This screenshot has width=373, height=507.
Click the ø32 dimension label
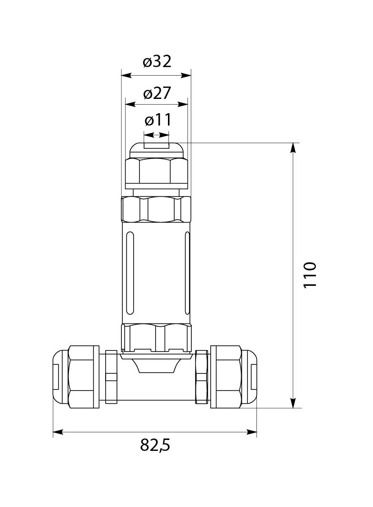[x=157, y=61]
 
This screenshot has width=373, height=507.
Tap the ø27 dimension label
[x=157, y=93]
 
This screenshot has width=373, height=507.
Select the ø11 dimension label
[x=158, y=121]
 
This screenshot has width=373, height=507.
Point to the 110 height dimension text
[x=310, y=275]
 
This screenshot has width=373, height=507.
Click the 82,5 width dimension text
[x=155, y=446]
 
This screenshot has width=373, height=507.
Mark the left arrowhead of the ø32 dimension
[x=126, y=75]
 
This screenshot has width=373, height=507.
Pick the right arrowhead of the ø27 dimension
[x=183, y=105]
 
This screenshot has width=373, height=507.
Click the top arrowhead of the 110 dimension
[x=293, y=148]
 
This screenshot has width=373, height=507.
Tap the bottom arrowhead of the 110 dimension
[x=293, y=402]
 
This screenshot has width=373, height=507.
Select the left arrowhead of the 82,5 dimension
[x=58, y=432]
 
